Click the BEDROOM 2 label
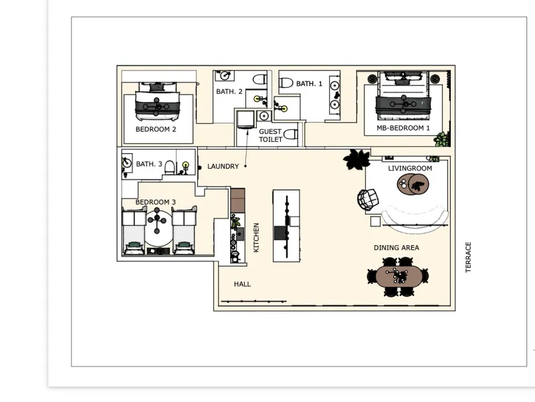[156, 129]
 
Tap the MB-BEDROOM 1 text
[403, 128]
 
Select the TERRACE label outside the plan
[468, 257]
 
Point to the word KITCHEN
[256, 238]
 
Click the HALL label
[242, 284]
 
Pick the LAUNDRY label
[223, 166]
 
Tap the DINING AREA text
[397, 247]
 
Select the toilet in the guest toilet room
[290, 134]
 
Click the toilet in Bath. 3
[170, 167]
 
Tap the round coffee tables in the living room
[413, 184]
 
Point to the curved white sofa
[415, 220]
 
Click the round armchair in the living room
[368, 199]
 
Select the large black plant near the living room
[356, 159]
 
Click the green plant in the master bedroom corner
[442, 139]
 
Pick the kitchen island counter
[286, 226]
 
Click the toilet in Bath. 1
[286, 82]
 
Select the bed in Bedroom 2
[157, 101]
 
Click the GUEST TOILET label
[271, 135]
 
